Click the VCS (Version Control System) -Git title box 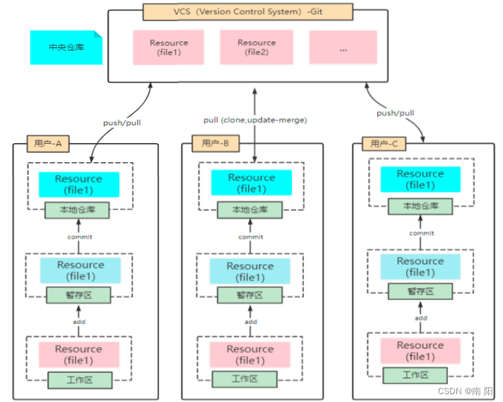[247, 12]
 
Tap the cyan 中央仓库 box [67, 47]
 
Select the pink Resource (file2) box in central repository [256, 47]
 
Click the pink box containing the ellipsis [343, 48]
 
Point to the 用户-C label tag [384, 144]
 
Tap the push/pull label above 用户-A [122, 122]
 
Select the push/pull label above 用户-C [395, 113]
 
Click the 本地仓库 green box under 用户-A [79, 209]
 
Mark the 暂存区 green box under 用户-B [250, 295]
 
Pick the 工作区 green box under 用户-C [420, 375]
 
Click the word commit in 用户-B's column [251, 237]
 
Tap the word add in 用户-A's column [79, 321]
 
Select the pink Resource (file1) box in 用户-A [79, 354]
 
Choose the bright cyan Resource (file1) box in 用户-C [420, 179]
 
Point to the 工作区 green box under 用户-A [79, 380]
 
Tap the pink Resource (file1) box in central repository [169, 47]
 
